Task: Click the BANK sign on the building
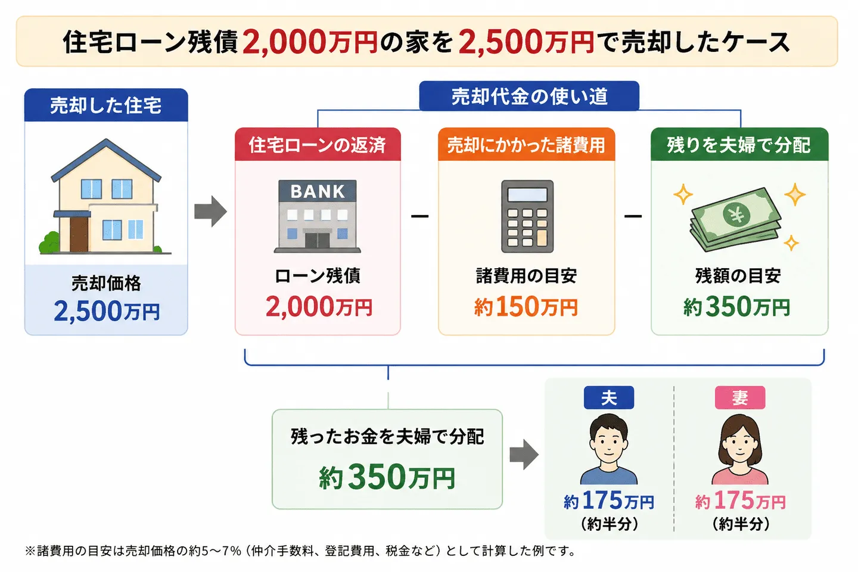[x=318, y=191]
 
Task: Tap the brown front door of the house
[x=79, y=234]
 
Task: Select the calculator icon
[x=527, y=216]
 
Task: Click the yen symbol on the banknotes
[x=736, y=215]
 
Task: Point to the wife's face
[x=739, y=446]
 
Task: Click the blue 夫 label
[x=609, y=397]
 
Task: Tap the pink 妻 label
[x=740, y=397]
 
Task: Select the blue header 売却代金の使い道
[x=529, y=96]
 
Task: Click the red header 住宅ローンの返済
[x=318, y=144]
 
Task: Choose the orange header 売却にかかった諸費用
[x=526, y=144]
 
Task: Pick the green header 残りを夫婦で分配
[x=739, y=144]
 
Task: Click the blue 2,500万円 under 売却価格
[x=107, y=310]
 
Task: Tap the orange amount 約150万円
[x=526, y=306]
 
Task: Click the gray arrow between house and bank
[x=210, y=212]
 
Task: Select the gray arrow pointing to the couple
[x=524, y=455]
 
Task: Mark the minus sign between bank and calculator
[x=419, y=216]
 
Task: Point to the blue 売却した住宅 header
[x=106, y=105]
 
